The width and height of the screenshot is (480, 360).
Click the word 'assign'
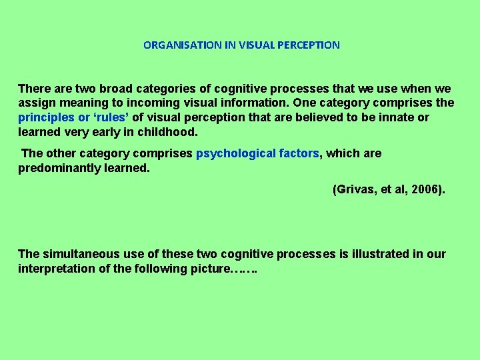click(x=37, y=103)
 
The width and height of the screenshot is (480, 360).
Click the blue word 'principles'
click(x=46, y=118)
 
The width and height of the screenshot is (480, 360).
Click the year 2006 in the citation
click(x=424, y=190)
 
